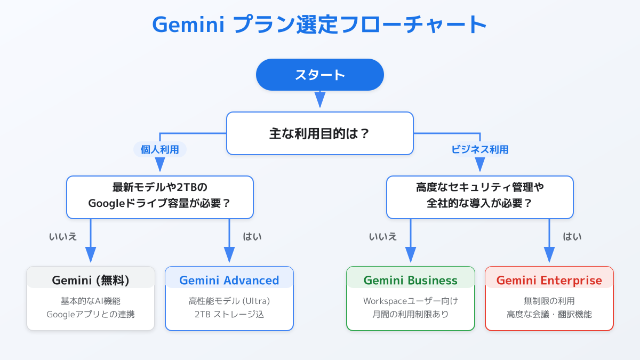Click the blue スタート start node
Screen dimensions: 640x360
[319, 75]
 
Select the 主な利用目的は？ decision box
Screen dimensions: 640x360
[319, 133]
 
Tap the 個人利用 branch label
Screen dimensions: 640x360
[159, 149]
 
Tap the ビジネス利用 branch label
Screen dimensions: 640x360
[479, 149]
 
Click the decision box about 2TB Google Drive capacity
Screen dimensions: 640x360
[159, 197]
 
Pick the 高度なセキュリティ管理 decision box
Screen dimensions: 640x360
[479, 197]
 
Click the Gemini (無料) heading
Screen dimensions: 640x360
[91, 281]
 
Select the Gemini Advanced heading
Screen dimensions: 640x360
[229, 281]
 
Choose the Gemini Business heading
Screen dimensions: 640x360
[411, 281]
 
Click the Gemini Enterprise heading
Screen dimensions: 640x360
[549, 281]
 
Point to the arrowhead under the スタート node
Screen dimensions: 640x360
[319, 99]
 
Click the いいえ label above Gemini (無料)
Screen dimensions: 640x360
[63, 237]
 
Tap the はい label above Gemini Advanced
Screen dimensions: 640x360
[252, 237]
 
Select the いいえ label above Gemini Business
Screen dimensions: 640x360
[383, 237]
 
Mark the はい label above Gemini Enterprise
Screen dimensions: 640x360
[572, 237]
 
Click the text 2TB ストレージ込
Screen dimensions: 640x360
[229, 314]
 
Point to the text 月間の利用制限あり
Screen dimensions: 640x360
[411, 314]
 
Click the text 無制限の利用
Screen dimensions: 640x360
[549, 301]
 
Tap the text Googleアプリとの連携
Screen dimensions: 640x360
[91, 314]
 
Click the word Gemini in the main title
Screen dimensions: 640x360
[188, 25]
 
